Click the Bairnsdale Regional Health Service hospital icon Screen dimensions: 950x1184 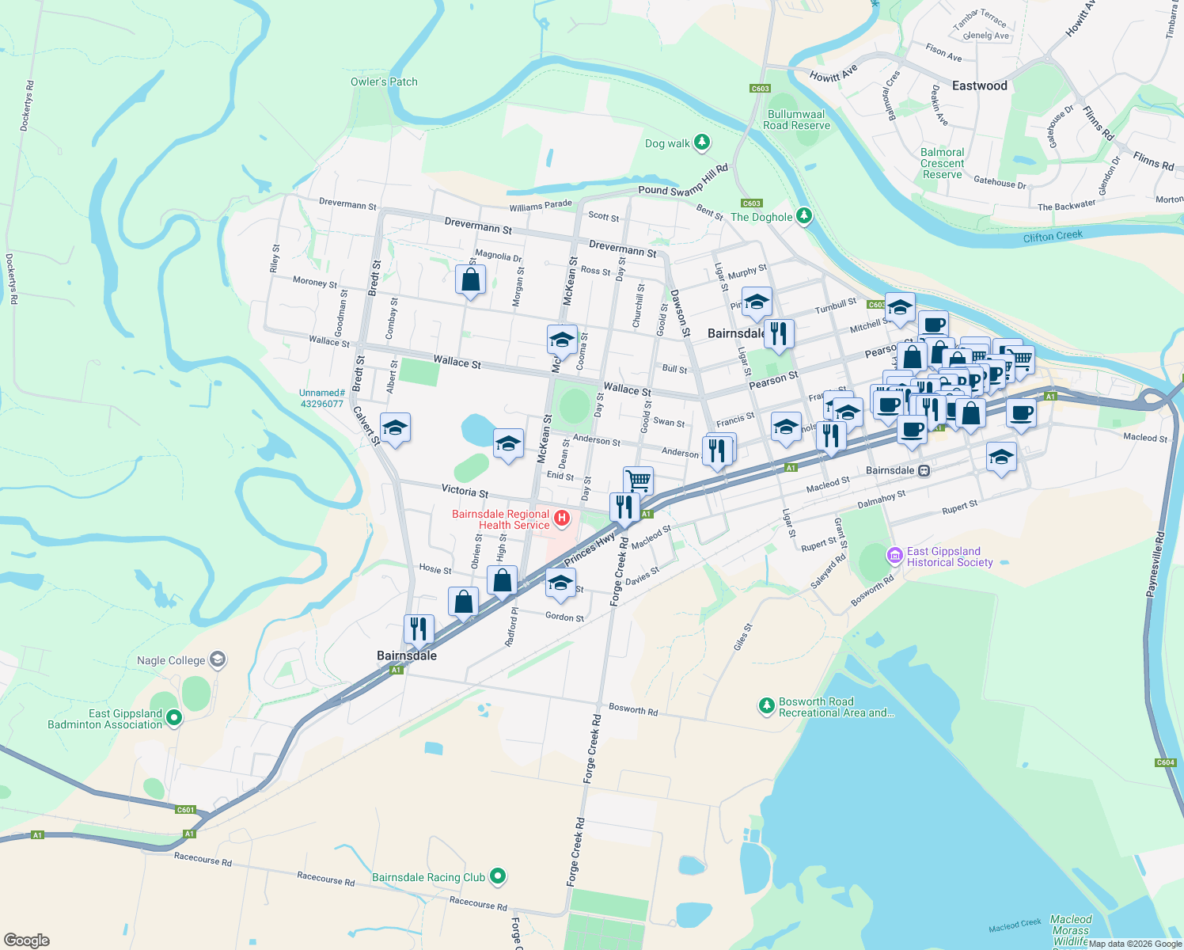(562, 519)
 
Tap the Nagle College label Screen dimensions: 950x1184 (171, 660)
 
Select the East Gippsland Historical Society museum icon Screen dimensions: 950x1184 (894, 556)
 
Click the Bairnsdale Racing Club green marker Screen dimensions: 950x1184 (498, 876)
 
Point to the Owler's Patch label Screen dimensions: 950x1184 (384, 82)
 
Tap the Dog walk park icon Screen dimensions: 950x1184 (701, 142)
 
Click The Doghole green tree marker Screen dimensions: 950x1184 (804, 216)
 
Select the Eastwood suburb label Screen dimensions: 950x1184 (979, 85)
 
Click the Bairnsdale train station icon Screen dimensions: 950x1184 (924, 470)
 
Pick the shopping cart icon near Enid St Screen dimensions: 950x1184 (638, 480)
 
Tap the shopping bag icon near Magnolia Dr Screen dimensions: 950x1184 (470, 280)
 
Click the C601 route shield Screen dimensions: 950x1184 (185, 809)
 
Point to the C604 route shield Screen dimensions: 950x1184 (1165, 762)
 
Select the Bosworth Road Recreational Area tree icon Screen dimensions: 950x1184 (766, 705)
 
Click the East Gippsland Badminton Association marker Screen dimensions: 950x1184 (174, 718)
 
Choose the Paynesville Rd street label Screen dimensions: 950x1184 (1156, 564)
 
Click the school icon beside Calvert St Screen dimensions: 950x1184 (395, 428)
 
